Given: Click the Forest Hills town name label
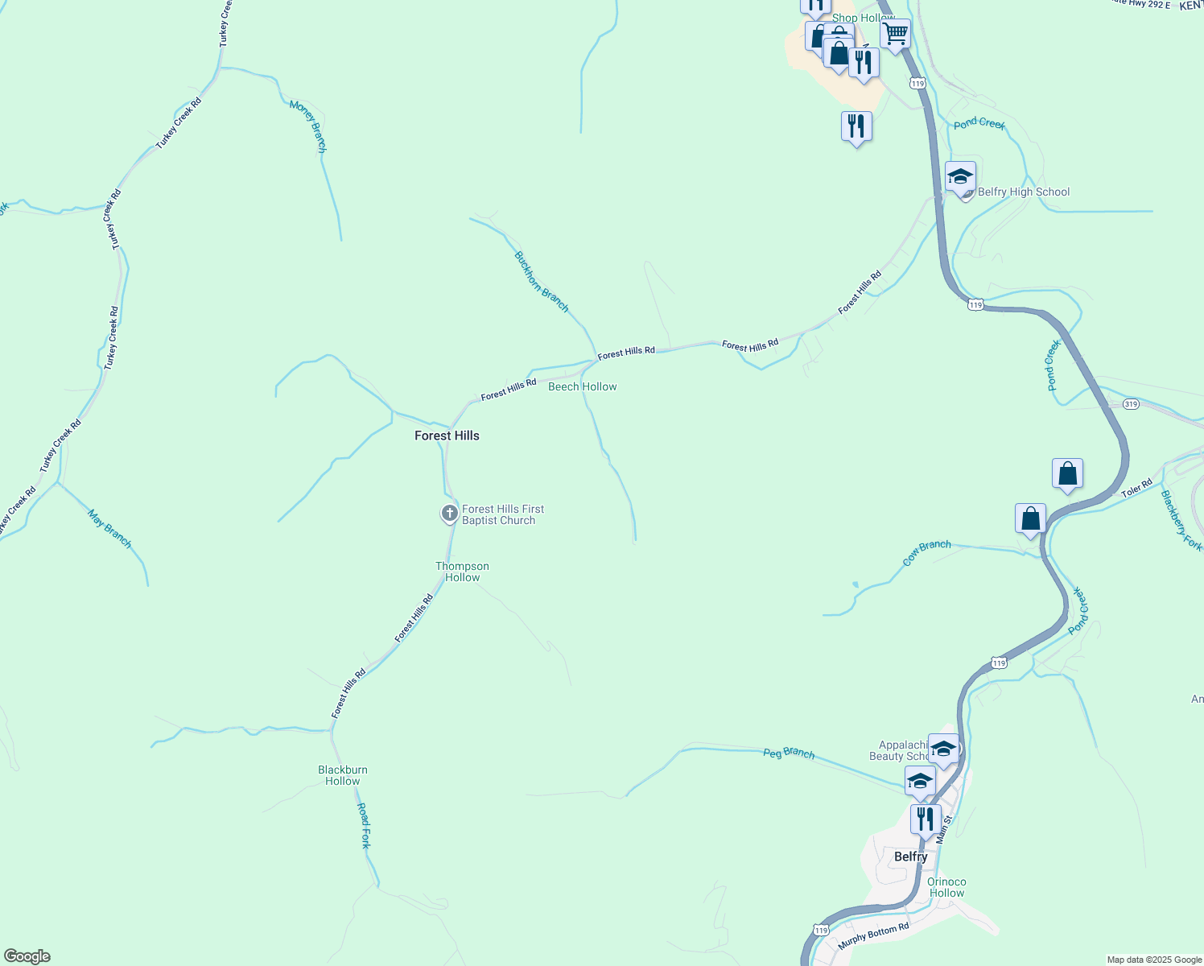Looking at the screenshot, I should point(447,436).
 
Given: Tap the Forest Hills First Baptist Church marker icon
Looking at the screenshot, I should point(450,513).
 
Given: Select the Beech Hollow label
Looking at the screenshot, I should point(583,386).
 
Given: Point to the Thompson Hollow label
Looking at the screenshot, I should point(463,572).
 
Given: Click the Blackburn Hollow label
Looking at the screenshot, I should point(343,775).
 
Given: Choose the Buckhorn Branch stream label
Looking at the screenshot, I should point(542,282).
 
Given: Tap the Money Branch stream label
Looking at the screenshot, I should point(308,126).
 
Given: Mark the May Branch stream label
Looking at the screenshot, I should point(110,529).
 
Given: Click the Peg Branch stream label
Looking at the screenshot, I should point(789,753).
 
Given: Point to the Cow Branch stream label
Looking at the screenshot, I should point(926,553).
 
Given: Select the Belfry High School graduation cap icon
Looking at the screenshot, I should point(960,176).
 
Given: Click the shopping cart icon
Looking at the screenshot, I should point(895,34).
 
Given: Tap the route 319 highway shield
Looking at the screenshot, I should point(1132,404).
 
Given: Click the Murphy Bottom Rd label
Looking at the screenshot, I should point(873,935).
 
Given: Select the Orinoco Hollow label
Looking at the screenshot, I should point(947,887).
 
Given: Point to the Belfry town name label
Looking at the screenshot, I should point(911,857).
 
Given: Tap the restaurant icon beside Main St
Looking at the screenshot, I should point(926,819).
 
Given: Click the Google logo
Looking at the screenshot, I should point(27,956).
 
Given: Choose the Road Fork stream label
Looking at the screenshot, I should point(365,825).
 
